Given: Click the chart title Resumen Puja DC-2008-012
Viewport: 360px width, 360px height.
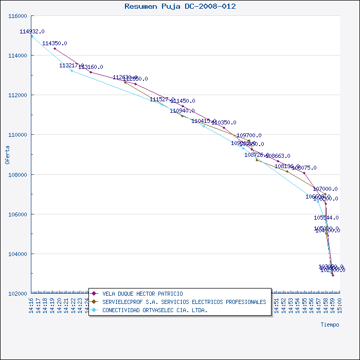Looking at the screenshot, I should [x=180, y=6].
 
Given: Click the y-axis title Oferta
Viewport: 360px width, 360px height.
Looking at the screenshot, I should [x=7, y=154].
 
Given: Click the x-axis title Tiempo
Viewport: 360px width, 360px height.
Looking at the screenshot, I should [x=330, y=325].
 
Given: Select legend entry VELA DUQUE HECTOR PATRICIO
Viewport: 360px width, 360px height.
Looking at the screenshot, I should [x=142, y=294].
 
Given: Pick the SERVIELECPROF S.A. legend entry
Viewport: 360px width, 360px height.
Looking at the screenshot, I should [x=184, y=302].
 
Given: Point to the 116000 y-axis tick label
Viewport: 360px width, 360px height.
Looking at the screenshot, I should [x=18, y=16].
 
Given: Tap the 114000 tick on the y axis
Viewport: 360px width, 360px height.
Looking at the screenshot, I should [x=18, y=56].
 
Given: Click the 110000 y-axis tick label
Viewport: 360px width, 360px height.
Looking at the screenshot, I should [x=18, y=135].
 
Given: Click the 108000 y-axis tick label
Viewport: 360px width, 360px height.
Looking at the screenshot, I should [x=18, y=174].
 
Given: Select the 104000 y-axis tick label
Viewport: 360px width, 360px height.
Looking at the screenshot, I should [x=18, y=254].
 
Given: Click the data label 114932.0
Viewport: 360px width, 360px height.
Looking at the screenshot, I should [x=32, y=31].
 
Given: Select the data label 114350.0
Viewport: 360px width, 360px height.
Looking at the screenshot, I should [x=55, y=43].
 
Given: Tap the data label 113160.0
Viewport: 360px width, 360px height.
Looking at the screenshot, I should [x=91, y=67].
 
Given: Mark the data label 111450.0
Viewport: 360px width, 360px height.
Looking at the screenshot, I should [x=183, y=101].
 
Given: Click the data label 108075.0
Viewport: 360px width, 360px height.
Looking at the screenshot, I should [x=304, y=168].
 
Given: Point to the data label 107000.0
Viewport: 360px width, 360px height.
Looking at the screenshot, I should [x=325, y=189].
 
